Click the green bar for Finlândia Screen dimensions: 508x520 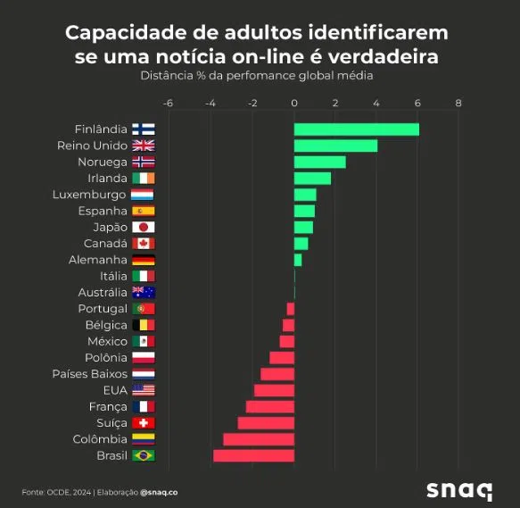pyautogui.click(x=356, y=129)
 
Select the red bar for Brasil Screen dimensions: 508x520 pyautogui.click(x=253, y=455)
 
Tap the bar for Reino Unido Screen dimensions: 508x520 pyautogui.click(x=335, y=146)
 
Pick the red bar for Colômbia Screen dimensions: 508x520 pyautogui.click(x=259, y=439)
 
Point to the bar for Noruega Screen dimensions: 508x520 pyautogui.click(x=319, y=162)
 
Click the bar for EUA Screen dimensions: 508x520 pyautogui.click(x=274, y=390)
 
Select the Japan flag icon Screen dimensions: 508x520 pyautogui.click(x=143, y=227)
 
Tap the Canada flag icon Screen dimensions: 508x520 pyautogui.click(x=143, y=244)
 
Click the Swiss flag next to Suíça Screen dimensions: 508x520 pyautogui.click(x=143, y=422)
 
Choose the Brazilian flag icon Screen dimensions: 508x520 pyautogui.click(x=143, y=455)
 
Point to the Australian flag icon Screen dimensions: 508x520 pyautogui.click(x=143, y=292)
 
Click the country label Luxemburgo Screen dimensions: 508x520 pyautogui.click(x=89, y=195)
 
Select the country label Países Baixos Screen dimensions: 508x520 pyautogui.click(x=90, y=373)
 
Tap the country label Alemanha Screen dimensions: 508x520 pyautogui.click(x=98, y=260)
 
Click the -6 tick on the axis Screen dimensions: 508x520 pyautogui.click(x=169, y=104)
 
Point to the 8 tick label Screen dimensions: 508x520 pyautogui.click(x=458, y=104)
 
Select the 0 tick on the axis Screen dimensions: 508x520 pyautogui.click(x=294, y=104)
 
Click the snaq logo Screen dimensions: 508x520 pyautogui.click(x=458, y=490)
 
